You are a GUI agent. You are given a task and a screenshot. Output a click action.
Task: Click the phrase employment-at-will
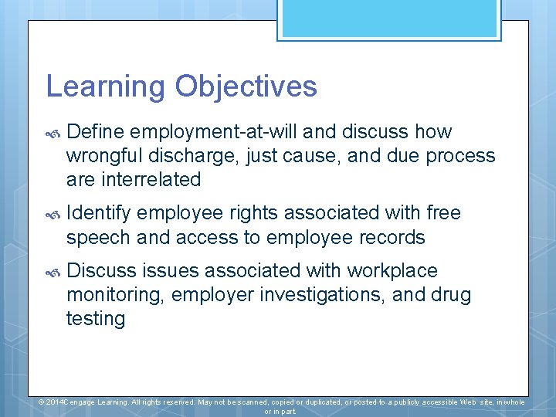coord(228,132)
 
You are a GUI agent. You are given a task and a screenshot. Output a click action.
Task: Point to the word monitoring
coord(115,295)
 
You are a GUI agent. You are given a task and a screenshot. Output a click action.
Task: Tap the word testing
coord(96,318)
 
